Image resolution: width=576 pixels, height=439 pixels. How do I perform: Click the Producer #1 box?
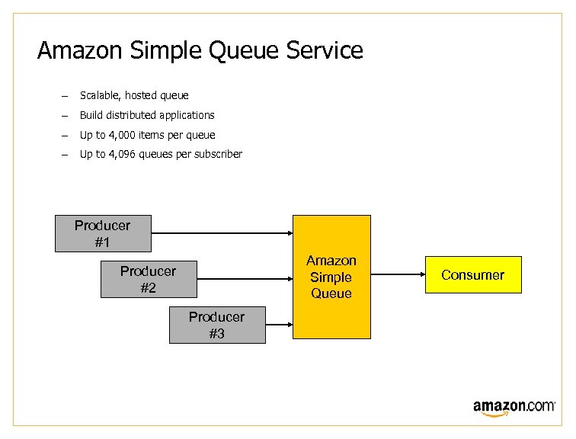(x=103, y=233)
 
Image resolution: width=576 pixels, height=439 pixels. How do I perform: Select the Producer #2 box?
(x=149, y=279)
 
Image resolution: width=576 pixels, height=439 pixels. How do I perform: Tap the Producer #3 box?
(x=217, y=325)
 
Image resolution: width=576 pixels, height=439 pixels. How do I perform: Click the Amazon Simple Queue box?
(x=331, y=277)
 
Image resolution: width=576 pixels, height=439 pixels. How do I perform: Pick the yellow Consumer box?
(x=472, y=275)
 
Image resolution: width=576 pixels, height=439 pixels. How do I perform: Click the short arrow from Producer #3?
(x=280, y=325)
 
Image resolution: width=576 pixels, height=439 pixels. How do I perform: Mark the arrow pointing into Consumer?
(x=397, y=275)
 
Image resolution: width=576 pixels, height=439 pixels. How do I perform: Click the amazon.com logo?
(x=514, y=407)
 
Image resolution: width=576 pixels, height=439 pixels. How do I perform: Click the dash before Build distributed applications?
(x=66, y=116)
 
